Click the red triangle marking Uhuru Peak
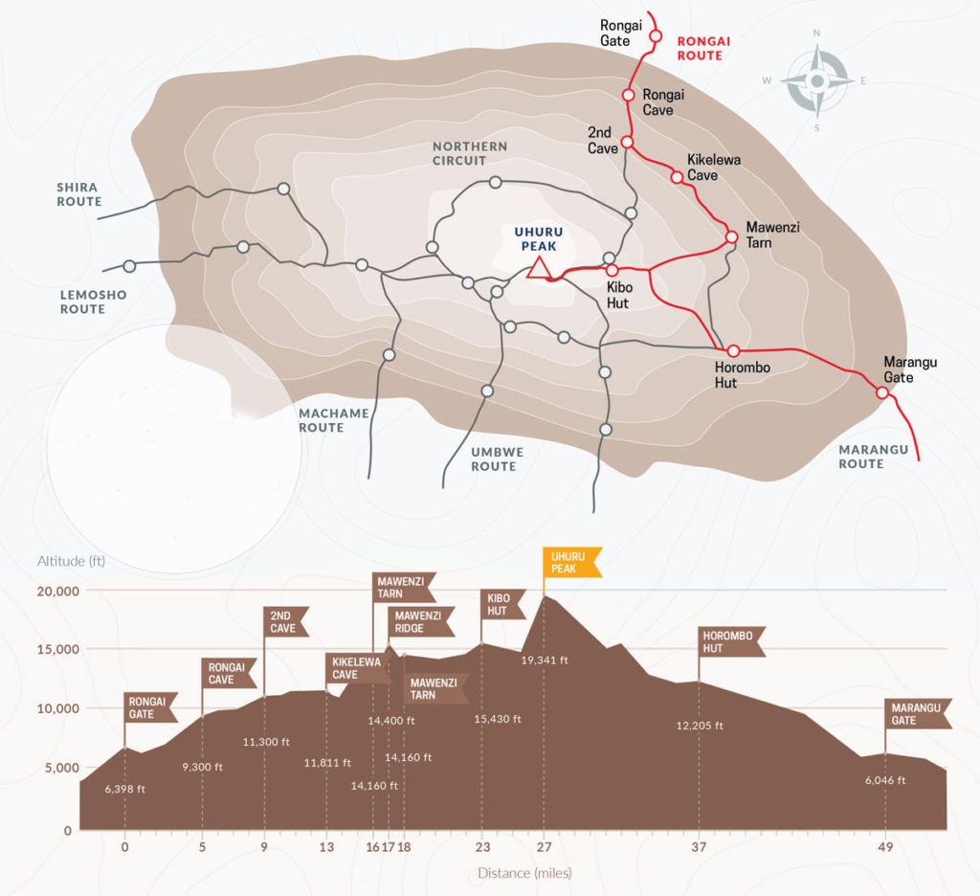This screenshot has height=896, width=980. (x=539, y=268)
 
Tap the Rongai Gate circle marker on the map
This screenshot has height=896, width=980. (x=655, y=36)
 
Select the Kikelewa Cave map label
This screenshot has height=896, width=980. (x=714, y=167)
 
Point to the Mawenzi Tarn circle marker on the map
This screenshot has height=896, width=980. (x=732, y=237)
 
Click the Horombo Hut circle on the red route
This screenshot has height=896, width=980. (x=733, y=350)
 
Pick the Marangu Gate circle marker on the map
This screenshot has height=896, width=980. (x=881, y=392)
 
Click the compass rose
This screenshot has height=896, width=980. (x=817, y=80)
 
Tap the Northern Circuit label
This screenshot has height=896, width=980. (x=470, y=153)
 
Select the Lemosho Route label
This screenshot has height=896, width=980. (x=93, y=302)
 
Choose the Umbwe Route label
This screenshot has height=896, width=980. (x=497, y=459)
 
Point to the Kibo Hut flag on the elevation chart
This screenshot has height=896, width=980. (x=502, y=604)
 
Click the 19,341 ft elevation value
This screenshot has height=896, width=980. (x=545, y=660)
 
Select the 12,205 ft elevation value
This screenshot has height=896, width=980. (x=700, y=726)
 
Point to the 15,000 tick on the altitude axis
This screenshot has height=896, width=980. (x=58, y=649)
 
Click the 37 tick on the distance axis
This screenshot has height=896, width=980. (x=699, y=847)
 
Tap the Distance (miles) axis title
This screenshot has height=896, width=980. (x=524, y=873)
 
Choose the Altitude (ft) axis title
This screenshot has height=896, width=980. (x=71, y=561)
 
